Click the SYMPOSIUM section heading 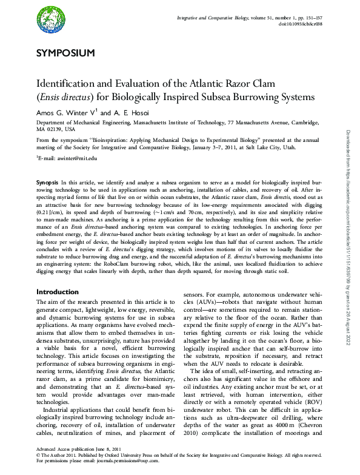[x=65, y=53]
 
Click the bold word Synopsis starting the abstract [x=48, y=182]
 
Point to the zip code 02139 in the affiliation [x=53, y=129]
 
